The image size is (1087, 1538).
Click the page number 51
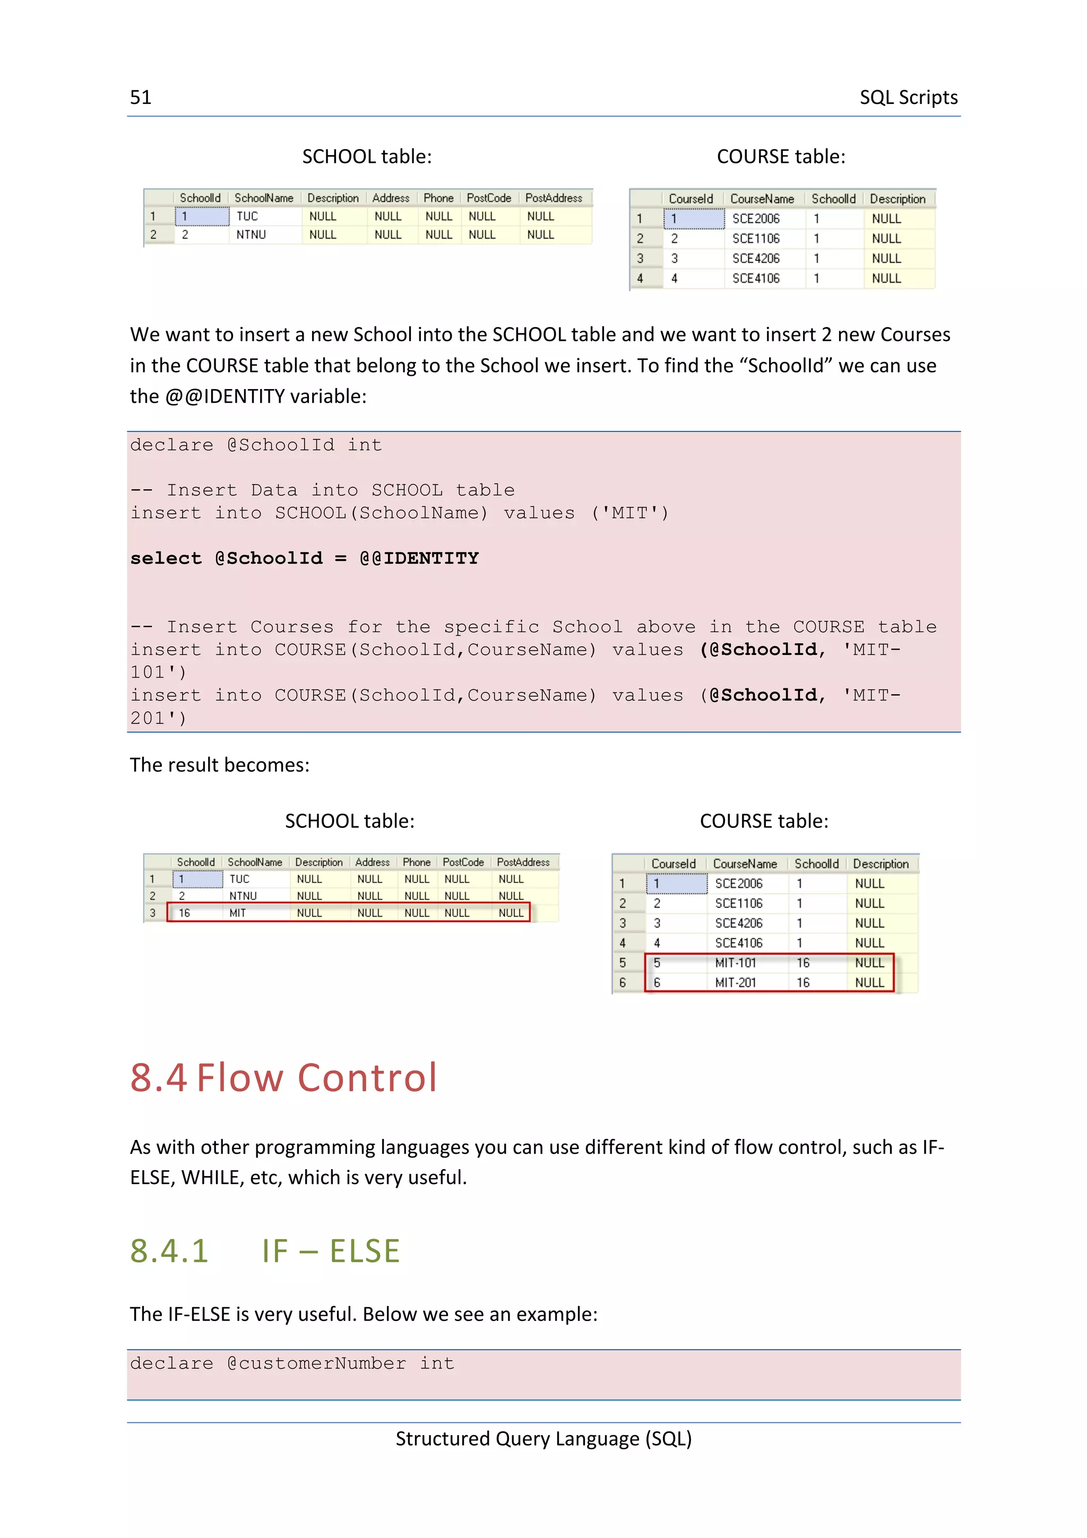[141, 98]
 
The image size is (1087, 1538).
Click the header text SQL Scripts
[908, 98]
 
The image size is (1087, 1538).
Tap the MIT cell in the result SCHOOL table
[238, 913]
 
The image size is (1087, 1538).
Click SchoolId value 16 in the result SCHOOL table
[184, 913]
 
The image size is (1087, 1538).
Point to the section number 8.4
[158, 1078]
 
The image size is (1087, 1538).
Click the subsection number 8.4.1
[169, 1251]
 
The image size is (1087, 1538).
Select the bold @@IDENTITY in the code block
[419, 559]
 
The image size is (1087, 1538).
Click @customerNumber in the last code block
[316, 1363]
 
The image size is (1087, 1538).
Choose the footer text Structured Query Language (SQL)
[543, 1439]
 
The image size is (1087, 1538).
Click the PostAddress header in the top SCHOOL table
[553, 198]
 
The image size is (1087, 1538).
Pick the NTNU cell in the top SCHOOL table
[251, 235]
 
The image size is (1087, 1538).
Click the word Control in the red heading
[367, 1078]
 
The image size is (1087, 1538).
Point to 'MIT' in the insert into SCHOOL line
[629, 513]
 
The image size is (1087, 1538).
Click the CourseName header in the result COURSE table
[745, 864]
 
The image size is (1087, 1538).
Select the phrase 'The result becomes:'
[220, 765]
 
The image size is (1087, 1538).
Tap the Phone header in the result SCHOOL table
[417, 862]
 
